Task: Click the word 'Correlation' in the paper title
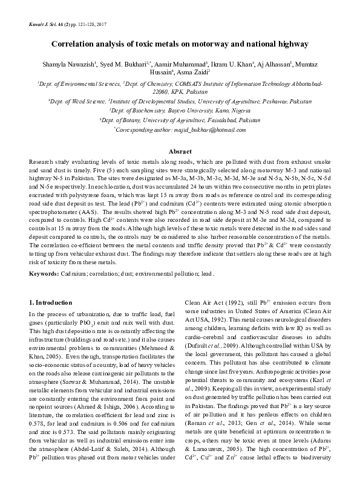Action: (76, 44)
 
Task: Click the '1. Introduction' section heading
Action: (51, 302)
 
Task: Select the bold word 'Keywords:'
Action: (44, 275)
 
